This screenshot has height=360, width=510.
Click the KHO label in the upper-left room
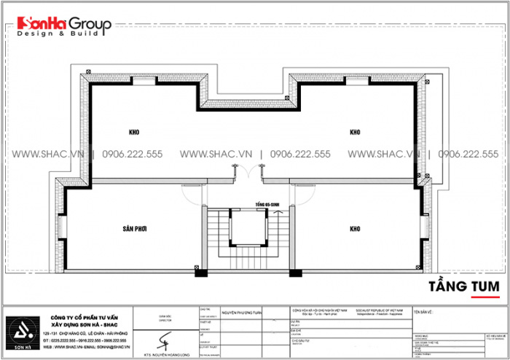tap(133, 133)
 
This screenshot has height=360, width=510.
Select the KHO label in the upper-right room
tap(356, 133)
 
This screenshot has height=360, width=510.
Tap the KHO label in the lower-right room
tap(356, 228)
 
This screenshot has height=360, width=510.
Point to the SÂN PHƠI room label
tap(136, 228)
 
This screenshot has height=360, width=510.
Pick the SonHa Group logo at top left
tap(58, 28)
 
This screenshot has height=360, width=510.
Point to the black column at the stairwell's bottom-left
tap(198, 273)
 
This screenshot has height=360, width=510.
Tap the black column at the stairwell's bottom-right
tap(295, 273)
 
